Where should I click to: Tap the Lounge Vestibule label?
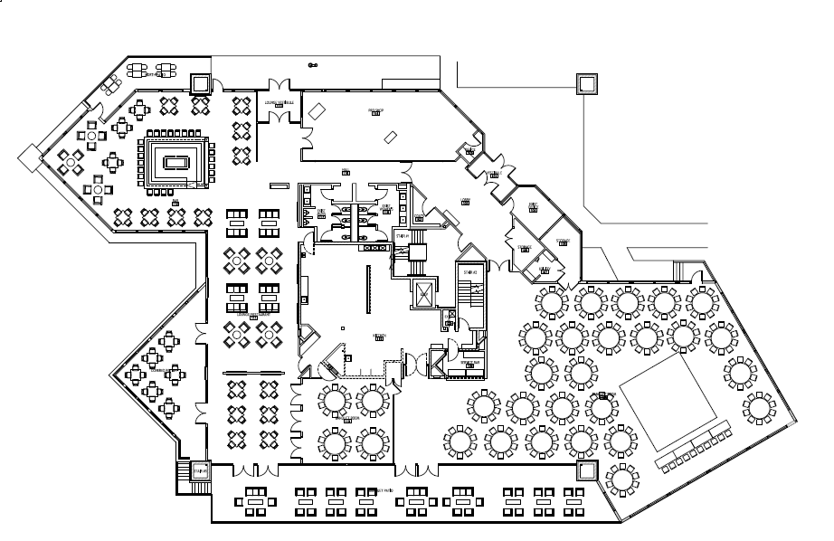pos(279,103)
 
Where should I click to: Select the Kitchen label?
pos(380,335)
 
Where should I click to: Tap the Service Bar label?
pos(469,362)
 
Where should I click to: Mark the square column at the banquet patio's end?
pos(586,470)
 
